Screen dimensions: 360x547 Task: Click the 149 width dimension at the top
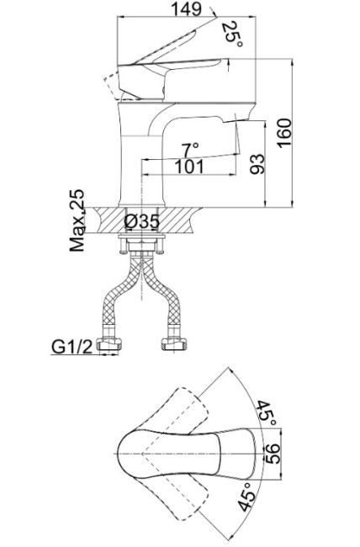click(x=187, y=8)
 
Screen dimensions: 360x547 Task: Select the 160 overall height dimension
click(x=284, y=133)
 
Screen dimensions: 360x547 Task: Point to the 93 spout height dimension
click(x=257, y=164)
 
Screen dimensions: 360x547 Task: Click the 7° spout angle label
click(x=190, y=150)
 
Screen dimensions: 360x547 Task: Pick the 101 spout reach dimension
click(x=189, y=167)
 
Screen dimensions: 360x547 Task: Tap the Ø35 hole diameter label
click(x=142, y=221)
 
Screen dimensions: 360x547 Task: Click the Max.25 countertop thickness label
click(x=77, y=220)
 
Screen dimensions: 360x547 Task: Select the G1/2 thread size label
click(x=72, y=347)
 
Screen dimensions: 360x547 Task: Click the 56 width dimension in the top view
click(x=273, y=454)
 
